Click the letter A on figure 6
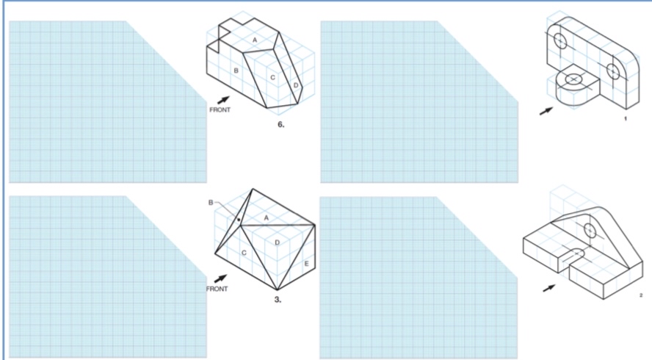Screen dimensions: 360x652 point(255,39)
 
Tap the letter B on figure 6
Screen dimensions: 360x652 point(236,71)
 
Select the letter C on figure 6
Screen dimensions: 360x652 point(272,76)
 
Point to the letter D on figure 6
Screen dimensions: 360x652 point(296,85)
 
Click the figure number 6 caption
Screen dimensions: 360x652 point(280,126)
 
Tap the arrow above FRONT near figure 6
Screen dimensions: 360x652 point(222,100)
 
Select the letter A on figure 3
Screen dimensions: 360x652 point(266,218)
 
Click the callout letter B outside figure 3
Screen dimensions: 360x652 point(211,202)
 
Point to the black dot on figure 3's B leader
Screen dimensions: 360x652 point(239,218)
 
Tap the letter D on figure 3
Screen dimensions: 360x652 point(276,242)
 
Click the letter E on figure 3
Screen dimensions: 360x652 point(305,263)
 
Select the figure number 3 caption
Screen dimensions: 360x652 point(277,300)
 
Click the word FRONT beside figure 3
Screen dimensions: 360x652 point(217,289)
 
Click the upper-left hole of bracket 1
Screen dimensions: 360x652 point(559,40)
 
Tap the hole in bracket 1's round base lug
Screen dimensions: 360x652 point(572,77)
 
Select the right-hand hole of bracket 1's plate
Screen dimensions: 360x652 point(614,71)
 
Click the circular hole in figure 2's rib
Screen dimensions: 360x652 point(590,231)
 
